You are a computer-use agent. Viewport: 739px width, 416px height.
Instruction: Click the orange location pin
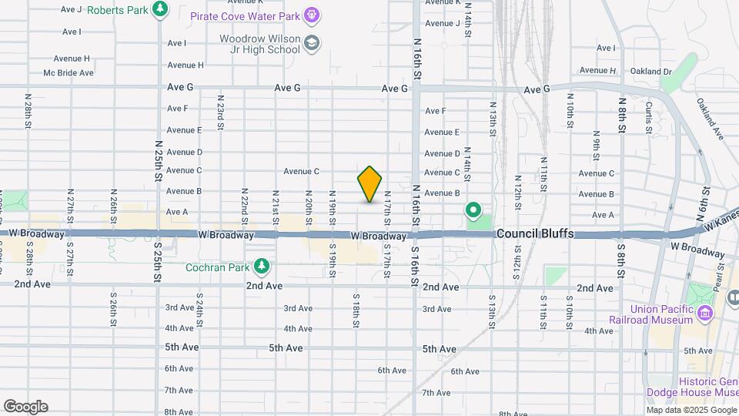point(369,183)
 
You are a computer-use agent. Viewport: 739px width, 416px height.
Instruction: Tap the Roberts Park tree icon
point(160,9)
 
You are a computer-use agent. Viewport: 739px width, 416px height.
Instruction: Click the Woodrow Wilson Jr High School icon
point(311,42)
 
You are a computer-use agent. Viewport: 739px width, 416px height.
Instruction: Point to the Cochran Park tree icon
point(263,266)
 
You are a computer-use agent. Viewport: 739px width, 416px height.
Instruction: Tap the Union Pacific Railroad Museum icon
point(704,313)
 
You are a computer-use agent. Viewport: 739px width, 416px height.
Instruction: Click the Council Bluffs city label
point(535,233)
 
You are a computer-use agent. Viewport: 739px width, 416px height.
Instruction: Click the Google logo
point(25,407)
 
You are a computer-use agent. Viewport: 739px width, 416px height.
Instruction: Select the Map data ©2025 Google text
point(692,411)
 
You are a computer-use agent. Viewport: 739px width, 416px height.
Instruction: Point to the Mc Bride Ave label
point(69,73)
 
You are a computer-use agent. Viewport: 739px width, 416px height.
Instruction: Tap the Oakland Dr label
point(650,72)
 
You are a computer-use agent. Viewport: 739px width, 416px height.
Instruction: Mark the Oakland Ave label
point(710,117)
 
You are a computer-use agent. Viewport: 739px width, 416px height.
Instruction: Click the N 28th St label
point(28,111)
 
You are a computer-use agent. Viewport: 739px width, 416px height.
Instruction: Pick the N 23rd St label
point(220,111)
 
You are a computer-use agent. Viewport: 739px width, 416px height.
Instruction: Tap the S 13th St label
point(490,307)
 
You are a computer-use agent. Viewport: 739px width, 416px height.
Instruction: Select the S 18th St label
point(356,310)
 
